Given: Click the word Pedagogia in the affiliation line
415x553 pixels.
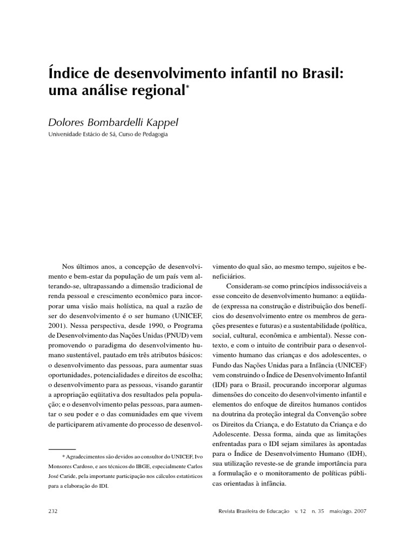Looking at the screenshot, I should point(155,135).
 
